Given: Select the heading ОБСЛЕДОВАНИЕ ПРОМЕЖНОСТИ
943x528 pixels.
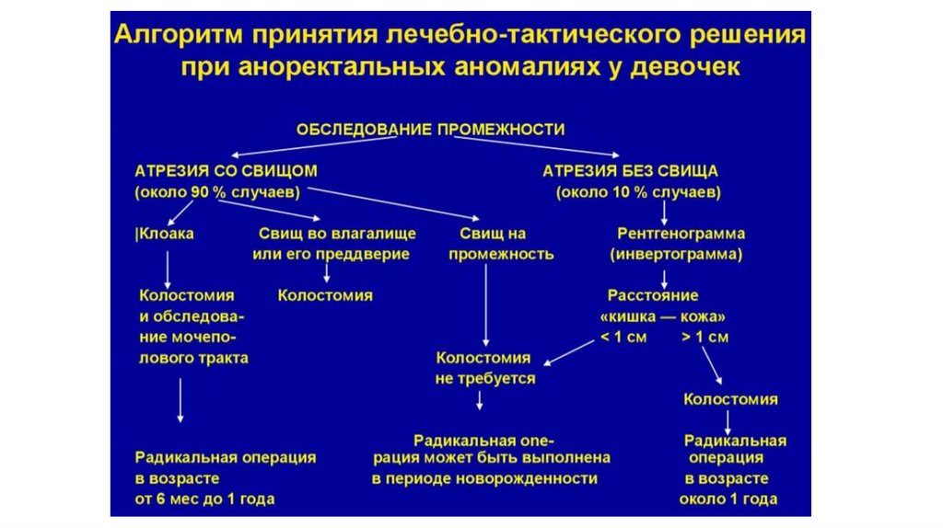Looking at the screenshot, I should [x=430, y=129].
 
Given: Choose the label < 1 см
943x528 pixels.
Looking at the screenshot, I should [x=623, y=337].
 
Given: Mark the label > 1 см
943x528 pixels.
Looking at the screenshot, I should [x=705, y=337].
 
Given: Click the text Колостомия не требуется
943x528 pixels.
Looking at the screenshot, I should [x=483, y=367].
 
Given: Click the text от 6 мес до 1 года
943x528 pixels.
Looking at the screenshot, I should [x=204, y=499].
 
